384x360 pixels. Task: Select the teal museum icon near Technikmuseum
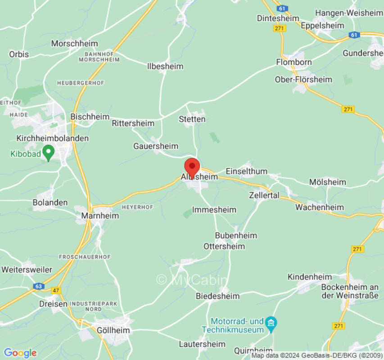pyautogui.click(x=271, y=323)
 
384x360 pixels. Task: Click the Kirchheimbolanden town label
pyautogui.click(x=52, y=138)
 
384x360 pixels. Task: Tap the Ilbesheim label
pyautogui.click(x=165, y=66)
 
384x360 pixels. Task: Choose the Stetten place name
pyautogui.click(x=192, y=119)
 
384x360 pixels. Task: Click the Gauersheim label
pyautogui.click(x=156, y=146)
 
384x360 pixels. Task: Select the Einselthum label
pyautogui.click(x=246, y=171)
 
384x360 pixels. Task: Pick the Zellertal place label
pyautogui.click(x=264, y=195)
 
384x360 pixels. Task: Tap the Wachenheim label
pyautogui.click(x=319, y=207)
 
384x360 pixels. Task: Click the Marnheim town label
pyautogui.click(x=100, y=216)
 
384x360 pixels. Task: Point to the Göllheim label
pyautogui.click(x=113, y=330)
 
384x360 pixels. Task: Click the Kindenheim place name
pyautogui.click(x=310, y=277)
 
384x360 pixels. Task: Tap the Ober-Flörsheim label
pyautogui.click(x=303, y=79)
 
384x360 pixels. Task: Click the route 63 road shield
pyautogui.click(x=39, y=286)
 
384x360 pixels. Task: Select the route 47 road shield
pyautogui.click(x=56, y=291)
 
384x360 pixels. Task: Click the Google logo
pyautogui.click(x=20, y=353)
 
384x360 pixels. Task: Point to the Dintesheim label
pyautogui.click(x=278, y=18)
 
